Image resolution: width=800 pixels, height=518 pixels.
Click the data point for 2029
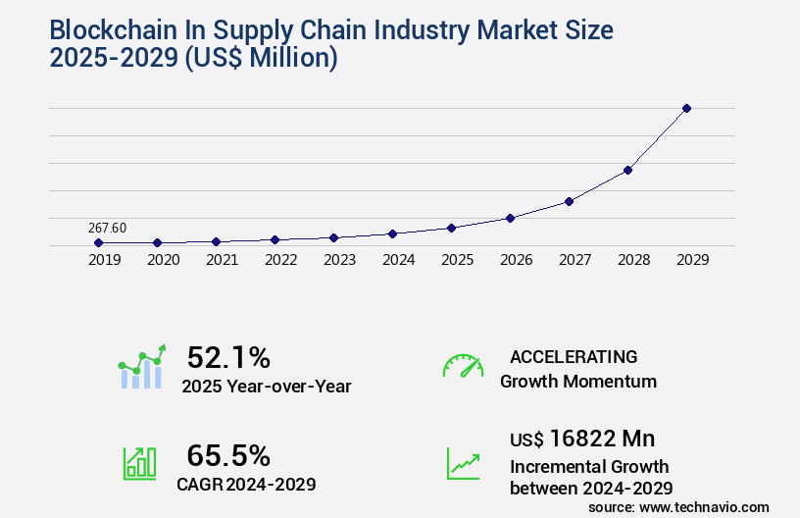pyautogui.click(x=686, y=108)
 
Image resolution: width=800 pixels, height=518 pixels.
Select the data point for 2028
pyautogui.click(x=627, y=170)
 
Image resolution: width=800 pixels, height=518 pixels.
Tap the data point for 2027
pyautogui.click(x=569, y=201)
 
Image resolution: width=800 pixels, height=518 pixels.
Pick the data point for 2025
pyautogui.click(x=451, y=228)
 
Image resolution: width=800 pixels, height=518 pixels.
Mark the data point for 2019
pyautogui.click(x=98, y=242)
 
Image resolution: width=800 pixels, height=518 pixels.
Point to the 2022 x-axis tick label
pyautogui.click(x=280, y=260)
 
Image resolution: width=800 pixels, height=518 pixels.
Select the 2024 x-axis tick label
pyautogui.click(x=398, y=260)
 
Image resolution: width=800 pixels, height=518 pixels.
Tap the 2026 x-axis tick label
pyautogui.click(x=516, y=260)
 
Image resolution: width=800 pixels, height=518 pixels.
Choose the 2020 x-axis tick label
pyautogui.click(x=163, y=260)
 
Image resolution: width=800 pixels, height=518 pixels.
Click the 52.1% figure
pyautogui.click(x=228, y=357)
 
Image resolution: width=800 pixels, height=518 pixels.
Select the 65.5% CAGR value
pyautogui.click(x=228, y=455)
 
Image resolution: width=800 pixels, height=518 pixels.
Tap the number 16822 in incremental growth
pyautogui.click(x=589, y=439)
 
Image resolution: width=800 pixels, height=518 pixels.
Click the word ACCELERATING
pyautogui.click(x=574, y=356)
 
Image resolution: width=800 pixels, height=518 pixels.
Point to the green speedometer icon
pyautogui.click(x=463, y=366)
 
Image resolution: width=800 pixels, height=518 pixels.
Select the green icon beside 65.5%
pyautogui.click(x=138, y=463)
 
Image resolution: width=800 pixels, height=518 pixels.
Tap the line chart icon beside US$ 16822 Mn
pyautogui.click(x=463, y=463)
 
